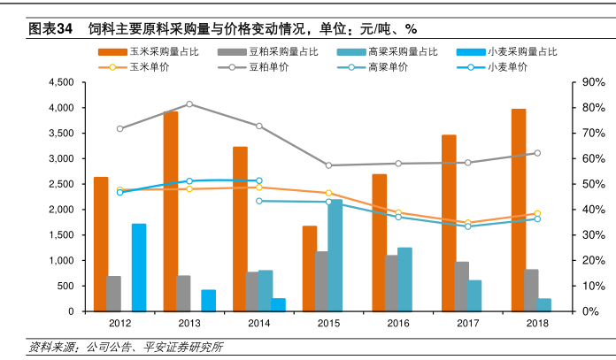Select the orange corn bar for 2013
tap(170, 211)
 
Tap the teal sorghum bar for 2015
tap(335, 256)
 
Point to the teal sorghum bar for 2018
tap(543, 305)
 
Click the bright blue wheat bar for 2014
tap(278, 305)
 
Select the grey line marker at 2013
tap(189, 104)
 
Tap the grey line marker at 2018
tap(537, 153)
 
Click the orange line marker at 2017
tap(467, 223)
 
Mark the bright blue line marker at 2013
tap(189, 181)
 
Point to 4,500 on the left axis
tap(60, 82)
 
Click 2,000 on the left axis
tap(60, 210)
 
